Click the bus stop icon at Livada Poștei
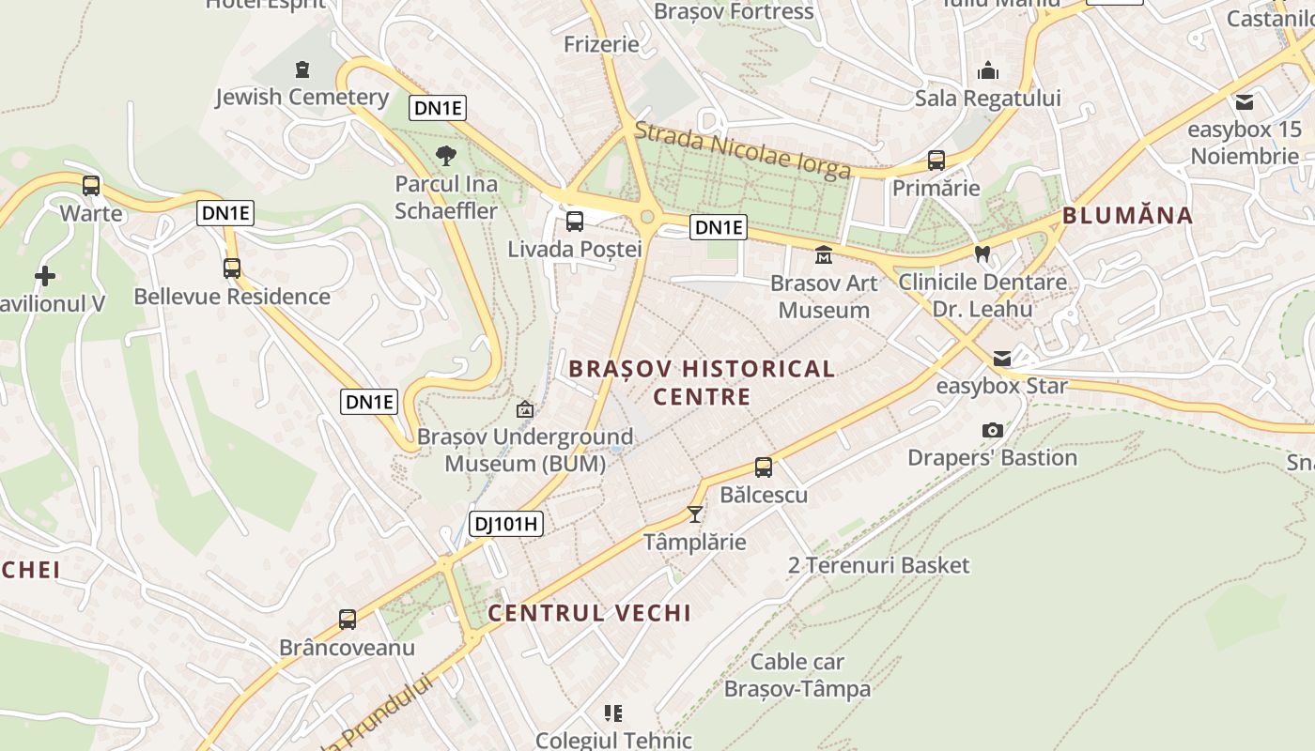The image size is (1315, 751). coord(574,222)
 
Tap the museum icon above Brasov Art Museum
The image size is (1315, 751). coord(824,254)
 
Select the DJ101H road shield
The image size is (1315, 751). coord(506,523)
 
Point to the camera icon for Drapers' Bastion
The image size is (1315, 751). coord(992,430)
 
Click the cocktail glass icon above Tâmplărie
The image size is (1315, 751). coord(694,513)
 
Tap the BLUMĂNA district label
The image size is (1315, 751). coord(1127,216)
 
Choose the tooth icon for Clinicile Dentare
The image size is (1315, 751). coord(982,253)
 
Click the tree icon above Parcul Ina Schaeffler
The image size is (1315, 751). coord(446,155)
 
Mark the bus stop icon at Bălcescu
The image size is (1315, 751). coord(764,467)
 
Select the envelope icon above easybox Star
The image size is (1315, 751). coord(1002,358)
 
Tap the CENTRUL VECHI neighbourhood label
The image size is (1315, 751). coord(589,613)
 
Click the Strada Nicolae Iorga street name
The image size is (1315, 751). coord(743,150)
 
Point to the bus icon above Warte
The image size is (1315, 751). coord(91,185)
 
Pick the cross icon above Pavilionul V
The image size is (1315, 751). coord(44,276)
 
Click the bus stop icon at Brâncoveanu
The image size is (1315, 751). coord(348,620)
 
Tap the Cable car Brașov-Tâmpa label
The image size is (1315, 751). coord(797,676)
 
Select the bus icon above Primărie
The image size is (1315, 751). coord(936,160)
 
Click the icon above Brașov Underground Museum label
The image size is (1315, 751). coord(525,409)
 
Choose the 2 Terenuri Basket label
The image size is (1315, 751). coord(878,565)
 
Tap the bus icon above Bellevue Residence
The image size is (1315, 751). coord(232,268)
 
